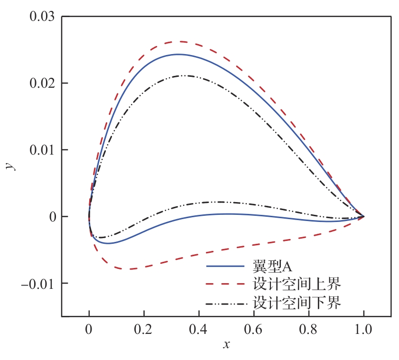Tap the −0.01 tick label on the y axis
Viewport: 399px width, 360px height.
pos(38,284)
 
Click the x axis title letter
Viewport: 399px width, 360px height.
pos(226,345)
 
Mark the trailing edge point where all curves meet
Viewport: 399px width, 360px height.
pos(364,217)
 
